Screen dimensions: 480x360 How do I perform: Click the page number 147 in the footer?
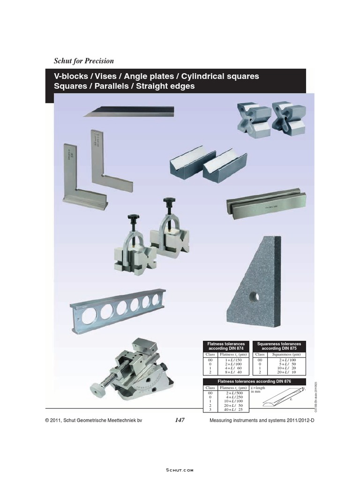(x=180, y=420)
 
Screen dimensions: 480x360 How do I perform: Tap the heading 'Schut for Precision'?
(x=84, y=61)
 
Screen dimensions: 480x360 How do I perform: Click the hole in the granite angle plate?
(x=254, y=296)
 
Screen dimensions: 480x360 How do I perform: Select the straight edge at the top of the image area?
(x=129, y=112)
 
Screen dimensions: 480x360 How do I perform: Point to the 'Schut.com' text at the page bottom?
(x=180, y=469)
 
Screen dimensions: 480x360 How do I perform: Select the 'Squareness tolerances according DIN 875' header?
(x=279, y=346)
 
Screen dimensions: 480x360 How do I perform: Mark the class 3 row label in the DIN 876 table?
(x=210, y=410)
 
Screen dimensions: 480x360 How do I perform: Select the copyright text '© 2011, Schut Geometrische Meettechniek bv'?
(x=93, y=421)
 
